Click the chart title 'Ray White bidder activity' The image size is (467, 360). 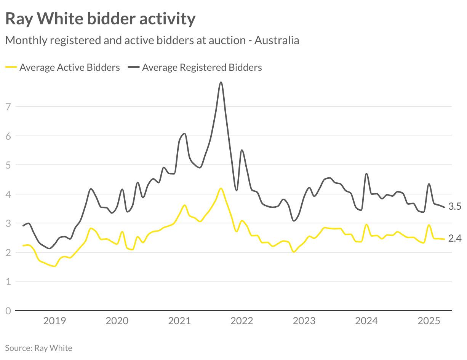click(x=100, y=19)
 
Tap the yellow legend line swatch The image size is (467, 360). click(x=11, y=67)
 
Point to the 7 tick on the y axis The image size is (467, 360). click(x=8, y=107)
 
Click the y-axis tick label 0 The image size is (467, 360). click(x=8, y=311)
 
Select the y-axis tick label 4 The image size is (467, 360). click(x=8, y=194)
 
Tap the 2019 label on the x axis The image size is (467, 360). click(x=54, y=321)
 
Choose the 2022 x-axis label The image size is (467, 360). click(x=241, y=321)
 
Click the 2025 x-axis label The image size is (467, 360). click(x=429, y=321)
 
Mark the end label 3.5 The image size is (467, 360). click(x=455, y=207)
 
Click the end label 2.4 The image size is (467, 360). click(x=455, y=239)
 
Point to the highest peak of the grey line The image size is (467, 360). click(x=221, y=82)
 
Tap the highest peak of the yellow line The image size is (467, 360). click(x=221, y=188)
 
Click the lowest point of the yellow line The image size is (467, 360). click(x=54, y=266)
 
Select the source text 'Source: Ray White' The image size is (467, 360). click(x=38, y=348)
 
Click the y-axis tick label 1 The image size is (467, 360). click(x=8, y=282)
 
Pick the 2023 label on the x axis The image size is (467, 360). click(x=304, y=321)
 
